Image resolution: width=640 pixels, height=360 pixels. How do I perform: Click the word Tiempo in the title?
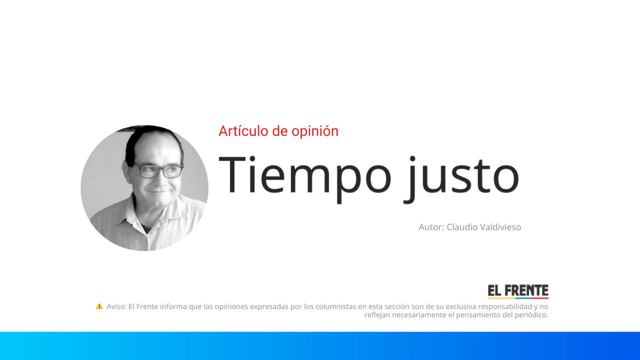pos(305,175)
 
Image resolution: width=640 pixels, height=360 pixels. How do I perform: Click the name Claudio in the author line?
pos(461,227)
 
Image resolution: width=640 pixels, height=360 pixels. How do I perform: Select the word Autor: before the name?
pos(431,227)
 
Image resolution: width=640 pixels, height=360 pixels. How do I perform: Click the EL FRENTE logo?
pos(518,291)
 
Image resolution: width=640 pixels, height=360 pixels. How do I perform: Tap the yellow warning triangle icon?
pos(99,306)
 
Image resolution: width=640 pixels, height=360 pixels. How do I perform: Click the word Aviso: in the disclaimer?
pos(116,306)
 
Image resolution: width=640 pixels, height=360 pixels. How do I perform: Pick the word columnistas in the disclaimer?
pos(336,306)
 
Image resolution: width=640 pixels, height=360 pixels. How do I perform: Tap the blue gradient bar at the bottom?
pos(320,346)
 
